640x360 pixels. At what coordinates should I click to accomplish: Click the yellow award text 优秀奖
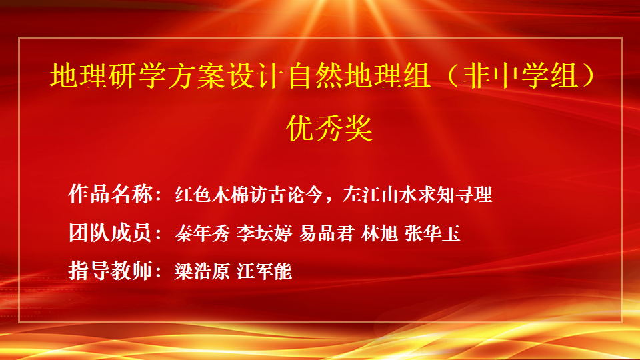(329, 128)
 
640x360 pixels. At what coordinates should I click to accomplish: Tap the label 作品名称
(110, 194)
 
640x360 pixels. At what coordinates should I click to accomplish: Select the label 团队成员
(110, 233)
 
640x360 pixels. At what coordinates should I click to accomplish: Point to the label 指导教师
(110, 271)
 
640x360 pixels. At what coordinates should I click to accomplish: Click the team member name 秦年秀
(202, 233)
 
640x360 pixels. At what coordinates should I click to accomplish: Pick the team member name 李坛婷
(265, 233)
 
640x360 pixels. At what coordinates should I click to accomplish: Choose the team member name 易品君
(327, 233)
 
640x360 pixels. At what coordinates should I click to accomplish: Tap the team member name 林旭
(379, 233)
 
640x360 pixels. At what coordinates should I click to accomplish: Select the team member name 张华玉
(433, 233)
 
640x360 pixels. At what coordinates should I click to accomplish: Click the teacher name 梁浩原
(202, 271)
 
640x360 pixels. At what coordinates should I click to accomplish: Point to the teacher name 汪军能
(265, 271)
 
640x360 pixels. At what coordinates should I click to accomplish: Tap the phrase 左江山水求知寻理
(417, 194)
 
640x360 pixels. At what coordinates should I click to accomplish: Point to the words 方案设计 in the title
(226, 75)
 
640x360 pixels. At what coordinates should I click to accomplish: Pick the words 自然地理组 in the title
(359, 75)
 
